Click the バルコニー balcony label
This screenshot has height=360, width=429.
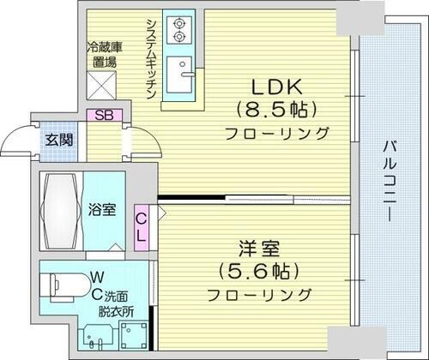pyautogui.click(x=389, y=180)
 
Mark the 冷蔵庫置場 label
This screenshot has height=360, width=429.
pyautogui.click(x=105, y=57)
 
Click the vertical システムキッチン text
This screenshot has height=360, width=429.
pyautogui.click(x=150, y=56)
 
